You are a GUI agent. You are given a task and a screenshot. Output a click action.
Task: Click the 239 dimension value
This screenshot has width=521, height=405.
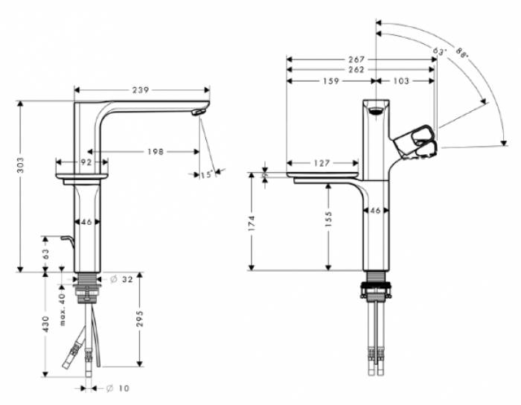141,90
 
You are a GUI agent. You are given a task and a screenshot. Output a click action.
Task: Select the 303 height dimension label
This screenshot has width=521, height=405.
21,165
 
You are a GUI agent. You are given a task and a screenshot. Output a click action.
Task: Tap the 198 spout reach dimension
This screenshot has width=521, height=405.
156,152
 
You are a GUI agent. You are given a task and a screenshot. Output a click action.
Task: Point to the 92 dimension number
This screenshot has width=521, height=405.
86,162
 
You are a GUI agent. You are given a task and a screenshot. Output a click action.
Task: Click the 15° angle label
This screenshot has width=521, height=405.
206,174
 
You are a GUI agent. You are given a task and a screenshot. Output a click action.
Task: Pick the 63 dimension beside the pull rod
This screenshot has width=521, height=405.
45,254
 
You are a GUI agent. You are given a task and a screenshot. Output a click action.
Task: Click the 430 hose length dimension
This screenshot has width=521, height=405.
45,324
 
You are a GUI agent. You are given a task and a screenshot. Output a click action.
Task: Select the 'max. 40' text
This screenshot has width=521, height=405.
62,309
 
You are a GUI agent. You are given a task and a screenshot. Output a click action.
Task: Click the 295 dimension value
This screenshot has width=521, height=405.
140,319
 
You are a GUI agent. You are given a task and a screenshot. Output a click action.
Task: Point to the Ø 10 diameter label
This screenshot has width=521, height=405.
118,388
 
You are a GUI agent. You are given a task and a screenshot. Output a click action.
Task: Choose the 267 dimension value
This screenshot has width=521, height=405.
357,60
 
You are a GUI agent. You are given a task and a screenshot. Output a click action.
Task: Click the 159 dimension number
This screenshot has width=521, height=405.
331,80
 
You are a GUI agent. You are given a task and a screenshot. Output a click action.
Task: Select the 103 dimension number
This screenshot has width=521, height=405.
401,80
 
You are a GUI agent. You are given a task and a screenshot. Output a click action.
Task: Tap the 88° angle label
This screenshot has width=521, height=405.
461,53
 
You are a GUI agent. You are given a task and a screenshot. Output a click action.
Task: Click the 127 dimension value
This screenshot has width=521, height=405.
322,163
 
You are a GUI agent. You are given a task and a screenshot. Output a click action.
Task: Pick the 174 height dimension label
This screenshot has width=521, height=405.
252,223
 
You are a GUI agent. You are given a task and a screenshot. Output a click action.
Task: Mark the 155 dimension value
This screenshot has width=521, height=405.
328,219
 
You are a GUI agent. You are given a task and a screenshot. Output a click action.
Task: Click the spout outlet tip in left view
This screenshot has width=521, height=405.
197,112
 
